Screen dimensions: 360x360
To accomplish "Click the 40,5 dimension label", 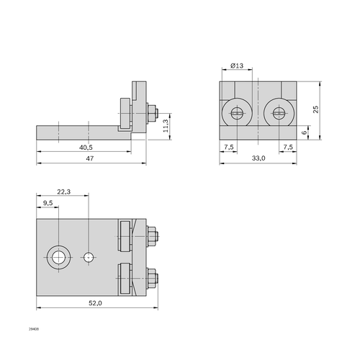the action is click(86, 148).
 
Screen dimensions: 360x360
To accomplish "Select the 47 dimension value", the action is click(90, 158).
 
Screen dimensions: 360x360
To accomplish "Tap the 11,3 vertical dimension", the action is click(166, 126).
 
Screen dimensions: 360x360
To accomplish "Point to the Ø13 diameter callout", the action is click(237, 66).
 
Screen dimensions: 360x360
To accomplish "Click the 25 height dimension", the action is click(316, 109).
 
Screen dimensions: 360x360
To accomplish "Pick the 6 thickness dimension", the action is click(305, 132).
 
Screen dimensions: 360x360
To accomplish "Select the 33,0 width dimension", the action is click(258, 158).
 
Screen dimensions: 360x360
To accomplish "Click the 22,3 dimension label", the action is click(64, 192).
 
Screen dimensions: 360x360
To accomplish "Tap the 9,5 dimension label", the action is click(48, 203).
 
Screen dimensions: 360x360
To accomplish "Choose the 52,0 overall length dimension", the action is click(95, 303).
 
